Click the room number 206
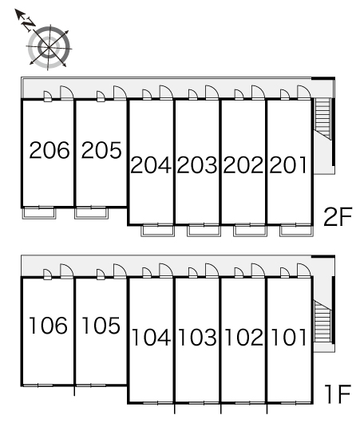pos(49,150)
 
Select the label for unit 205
pos(101,150)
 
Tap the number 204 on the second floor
pos(151,165)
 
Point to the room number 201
pos(288,165)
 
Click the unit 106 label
pos(48,326)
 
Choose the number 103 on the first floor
pos(197,338)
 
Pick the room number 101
pos(289,338)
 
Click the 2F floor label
pos(338,216)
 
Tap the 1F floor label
pos(338,394)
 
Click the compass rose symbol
pos(49,47)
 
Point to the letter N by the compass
pos(28,24)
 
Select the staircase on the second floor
pos(322,118)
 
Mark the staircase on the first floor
pos(322,322)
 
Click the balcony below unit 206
pos(39,213)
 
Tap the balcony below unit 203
pos(204,230)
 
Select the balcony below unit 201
pos(296,230)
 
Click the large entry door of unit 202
pos(258,93)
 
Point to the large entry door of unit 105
pos(120,271)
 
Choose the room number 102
pos(243,338)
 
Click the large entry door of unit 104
pos(166,271)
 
